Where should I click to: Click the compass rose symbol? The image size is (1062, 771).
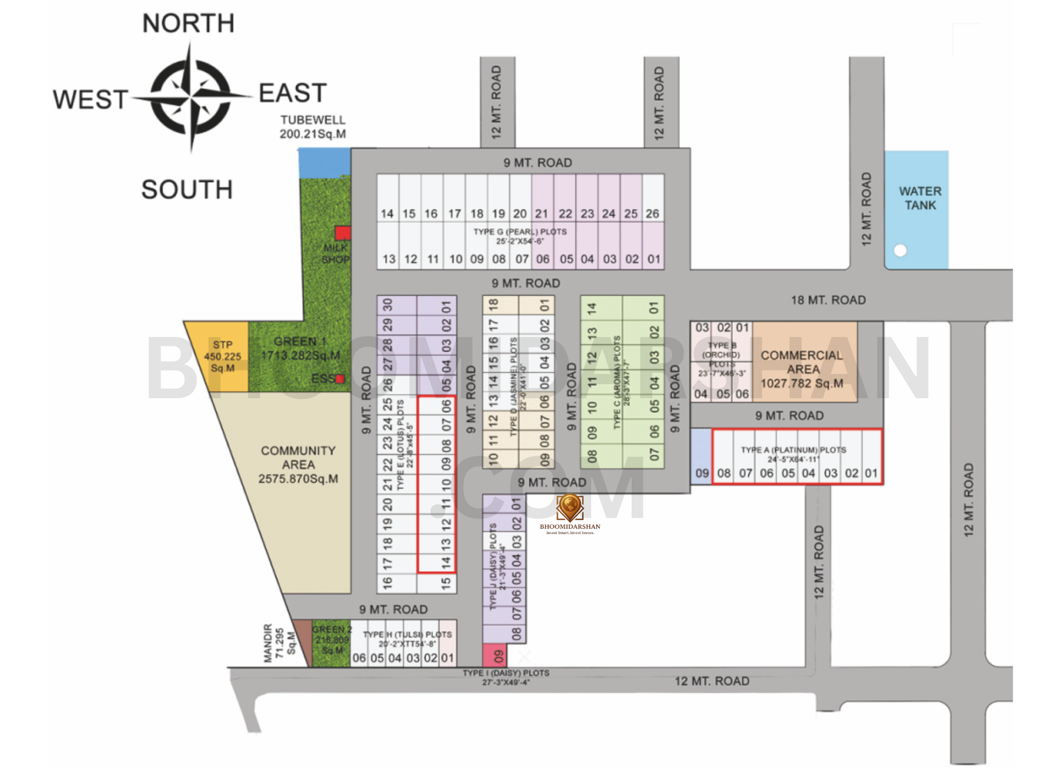click(191, 97)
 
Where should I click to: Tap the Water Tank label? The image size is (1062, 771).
click(919, 198)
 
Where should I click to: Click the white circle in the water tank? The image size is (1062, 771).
click(900, 250)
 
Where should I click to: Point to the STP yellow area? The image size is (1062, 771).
click(220, 356)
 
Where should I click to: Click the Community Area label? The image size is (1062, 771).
click(298, 464)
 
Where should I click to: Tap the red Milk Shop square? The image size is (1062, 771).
click(342, 233)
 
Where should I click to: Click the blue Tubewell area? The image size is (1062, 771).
click(324, 161)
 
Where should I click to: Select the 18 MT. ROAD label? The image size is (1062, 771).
click(828, 300)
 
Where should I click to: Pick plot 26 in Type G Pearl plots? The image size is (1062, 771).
click(652, 199)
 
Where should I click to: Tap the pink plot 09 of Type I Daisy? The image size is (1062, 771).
click(494, 656)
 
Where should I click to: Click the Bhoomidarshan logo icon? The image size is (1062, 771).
click(569, 507)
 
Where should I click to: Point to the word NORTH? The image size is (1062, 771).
click(189, 24)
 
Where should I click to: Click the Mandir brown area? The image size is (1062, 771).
click(302, 640)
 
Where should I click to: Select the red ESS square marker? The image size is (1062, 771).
click(341, 379)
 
